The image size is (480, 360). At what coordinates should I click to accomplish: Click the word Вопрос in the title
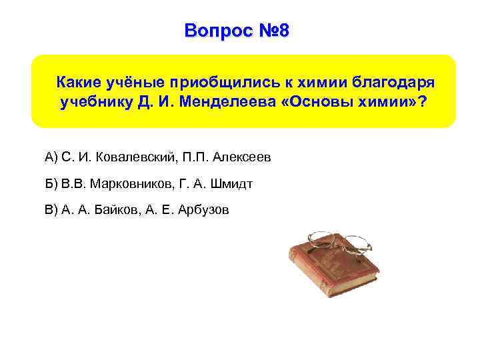[213, 31]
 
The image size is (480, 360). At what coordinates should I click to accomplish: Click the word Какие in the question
[79, 82]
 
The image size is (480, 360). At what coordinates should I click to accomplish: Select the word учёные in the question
[137, 82]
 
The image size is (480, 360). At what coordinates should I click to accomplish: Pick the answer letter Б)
[51, 183]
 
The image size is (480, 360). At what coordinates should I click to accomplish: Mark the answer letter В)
[51, 210]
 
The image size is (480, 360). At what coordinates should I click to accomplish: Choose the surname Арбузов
[205, 210]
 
